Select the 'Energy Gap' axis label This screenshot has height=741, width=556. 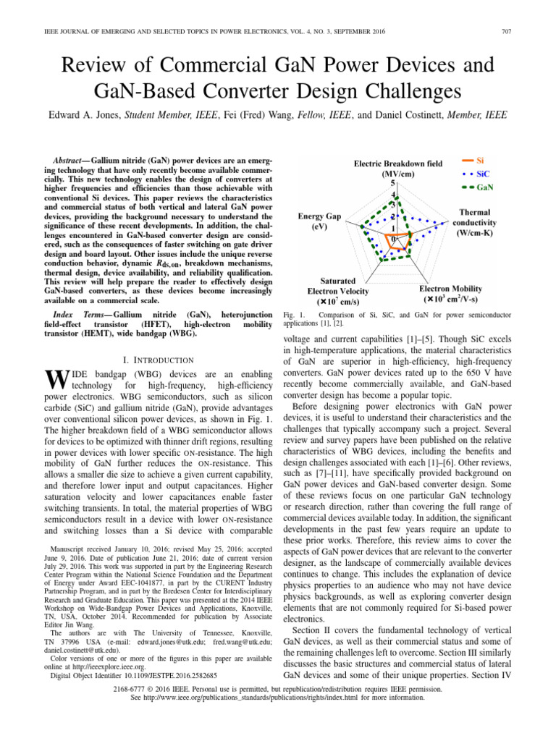click(319, 221)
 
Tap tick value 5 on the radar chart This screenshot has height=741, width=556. click(393, 184)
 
